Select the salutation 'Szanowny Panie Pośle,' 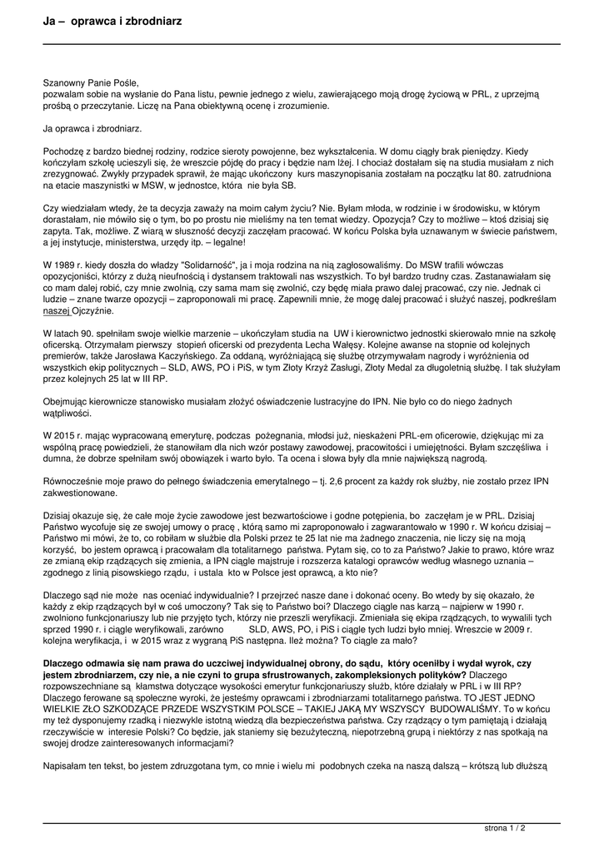(91, 83)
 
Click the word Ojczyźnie (95, 310)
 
